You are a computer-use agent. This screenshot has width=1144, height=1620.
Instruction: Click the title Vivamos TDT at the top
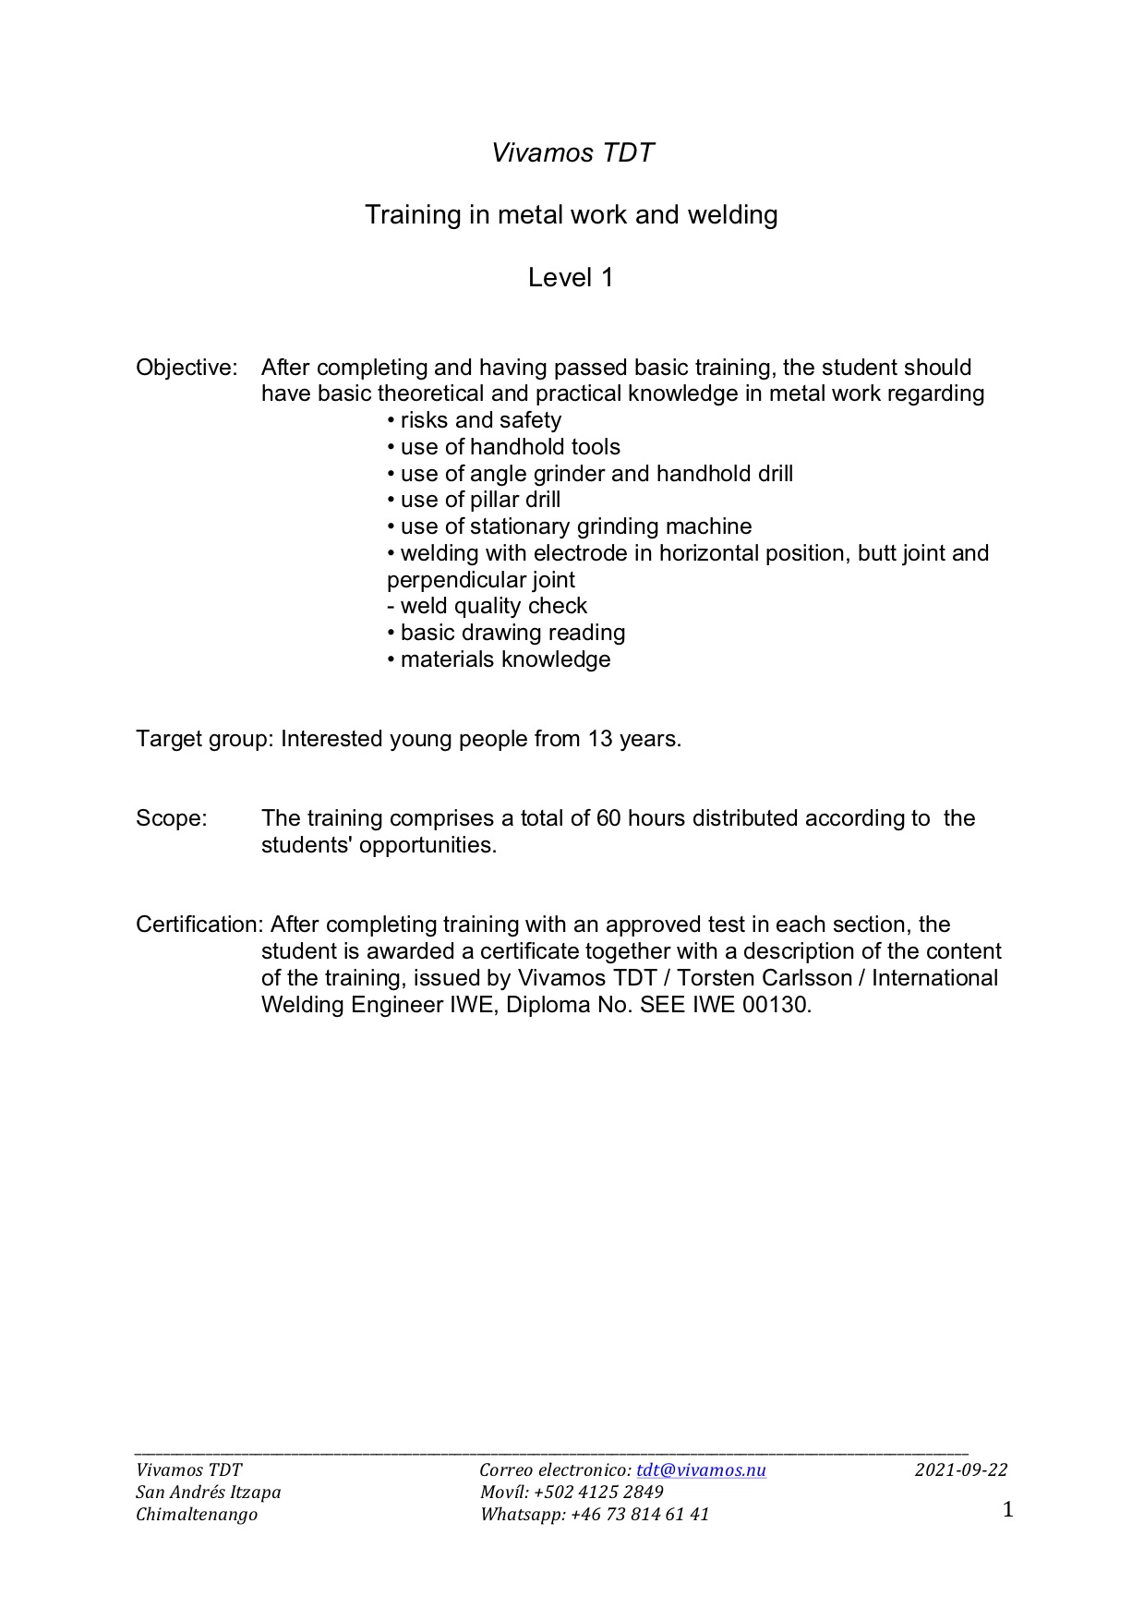pos(572,152)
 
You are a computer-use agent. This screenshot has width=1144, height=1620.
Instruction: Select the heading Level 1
pos(571,277)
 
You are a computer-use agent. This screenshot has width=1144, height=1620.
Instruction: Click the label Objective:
pos(187,368)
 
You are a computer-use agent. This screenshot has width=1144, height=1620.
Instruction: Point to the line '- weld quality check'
pos(487,606)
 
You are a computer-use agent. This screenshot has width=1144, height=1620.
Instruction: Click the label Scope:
pos(172,818)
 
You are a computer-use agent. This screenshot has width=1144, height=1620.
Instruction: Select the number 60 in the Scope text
pos(608,818)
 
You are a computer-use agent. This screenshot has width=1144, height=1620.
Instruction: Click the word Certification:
pos(199,925)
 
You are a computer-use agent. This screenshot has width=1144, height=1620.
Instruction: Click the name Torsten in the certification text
pos(716,978)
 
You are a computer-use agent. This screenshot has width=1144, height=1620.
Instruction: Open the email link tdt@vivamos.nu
pos(701,1470)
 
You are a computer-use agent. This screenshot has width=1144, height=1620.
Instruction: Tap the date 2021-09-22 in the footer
pos(961,1470)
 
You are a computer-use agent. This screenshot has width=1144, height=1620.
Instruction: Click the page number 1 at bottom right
pos(1007,1510)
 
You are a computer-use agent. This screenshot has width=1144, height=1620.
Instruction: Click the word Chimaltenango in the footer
pos(197,1515)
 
